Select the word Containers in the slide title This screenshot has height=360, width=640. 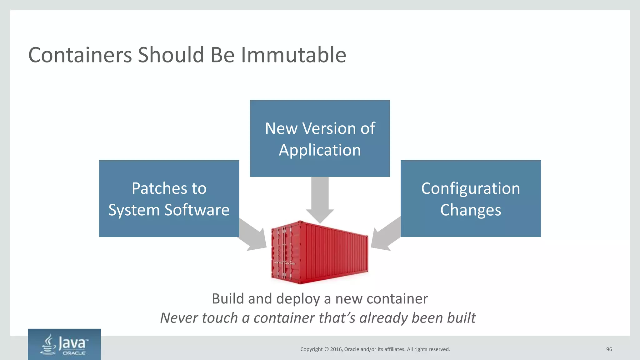(80, 55)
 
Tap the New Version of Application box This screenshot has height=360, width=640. (320, 138)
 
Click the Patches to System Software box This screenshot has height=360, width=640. (169, 198)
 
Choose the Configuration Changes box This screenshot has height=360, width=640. (470, 198)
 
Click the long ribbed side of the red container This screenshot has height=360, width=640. (336, 252)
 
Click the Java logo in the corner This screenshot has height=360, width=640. (64, 344)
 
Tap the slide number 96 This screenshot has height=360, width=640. (609, 349)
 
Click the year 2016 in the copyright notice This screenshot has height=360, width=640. (336, 349)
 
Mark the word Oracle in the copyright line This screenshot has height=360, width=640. (352, 349)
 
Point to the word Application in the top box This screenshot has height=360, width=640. (320, 150)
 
